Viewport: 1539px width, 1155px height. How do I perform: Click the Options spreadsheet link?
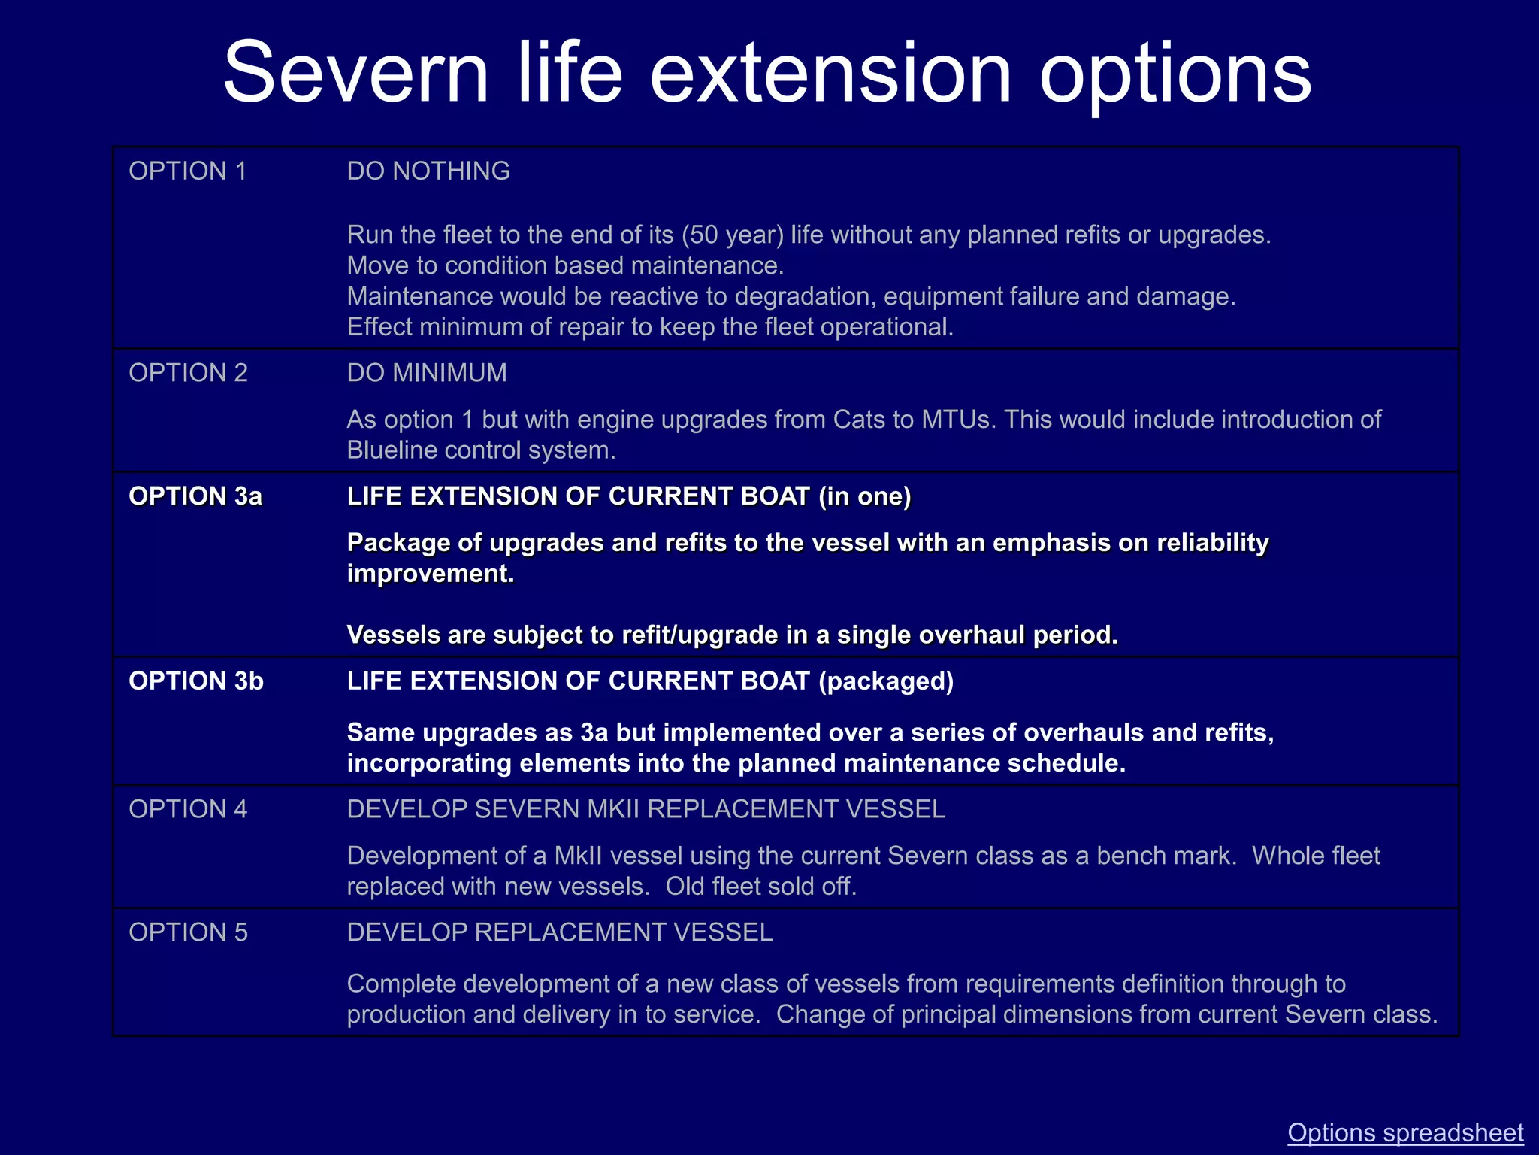(1405, 1132)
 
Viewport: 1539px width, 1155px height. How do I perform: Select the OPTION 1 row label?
(188, 171)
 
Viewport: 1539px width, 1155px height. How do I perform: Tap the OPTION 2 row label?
(188, 373)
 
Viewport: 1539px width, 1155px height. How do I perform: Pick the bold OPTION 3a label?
(195, 496)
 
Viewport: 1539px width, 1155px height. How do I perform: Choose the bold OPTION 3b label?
(196, 681)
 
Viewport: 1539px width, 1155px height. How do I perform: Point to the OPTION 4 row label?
(188, 809)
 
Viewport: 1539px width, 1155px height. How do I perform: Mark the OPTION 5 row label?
(188, 932)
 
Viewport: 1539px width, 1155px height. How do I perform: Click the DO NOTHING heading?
(428, 171)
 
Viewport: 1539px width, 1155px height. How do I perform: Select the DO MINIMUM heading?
(427, 373)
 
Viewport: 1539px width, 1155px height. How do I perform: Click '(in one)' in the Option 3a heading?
(864, 496)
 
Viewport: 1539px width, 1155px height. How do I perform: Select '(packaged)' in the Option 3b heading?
(886, 681)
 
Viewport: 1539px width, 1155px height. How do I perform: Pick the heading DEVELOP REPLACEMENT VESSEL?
(560, 932)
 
